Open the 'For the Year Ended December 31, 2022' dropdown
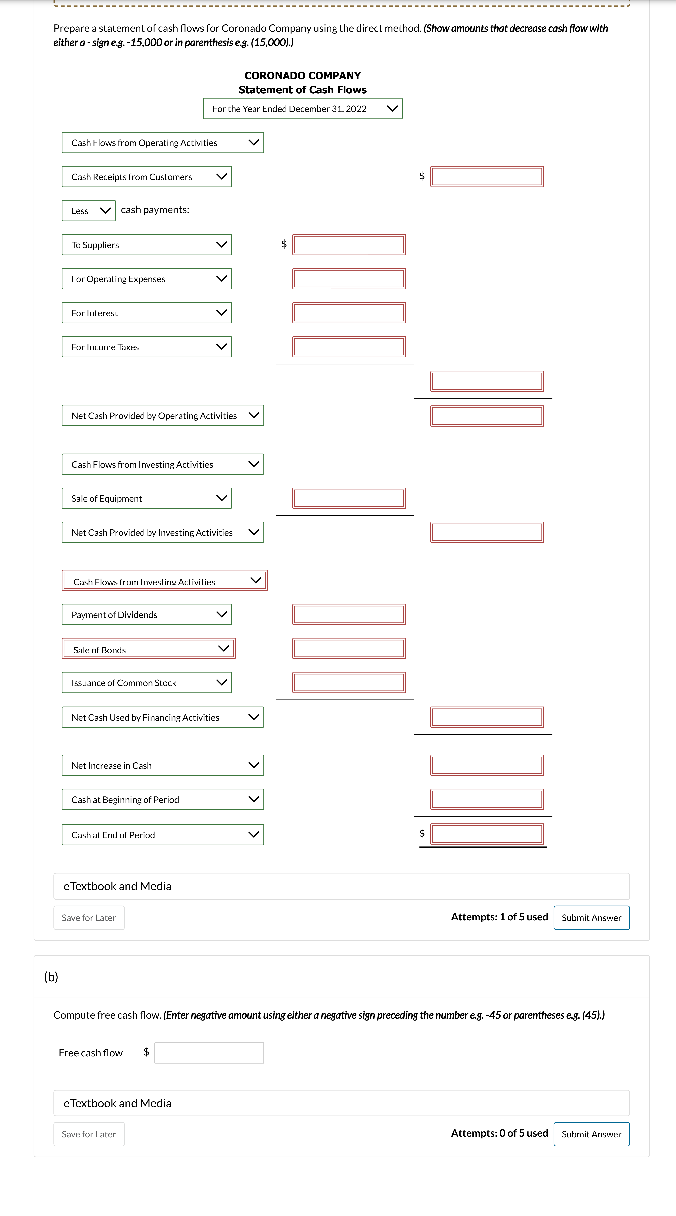tap(303, 109)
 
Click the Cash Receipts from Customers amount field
tap(487, 177)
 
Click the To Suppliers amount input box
tap(349, 244)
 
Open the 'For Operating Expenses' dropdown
tap(147, 278)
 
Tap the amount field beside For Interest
tap(349, 313)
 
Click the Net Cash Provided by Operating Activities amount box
tap(487, 416)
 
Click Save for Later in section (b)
tap(89, 1134)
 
